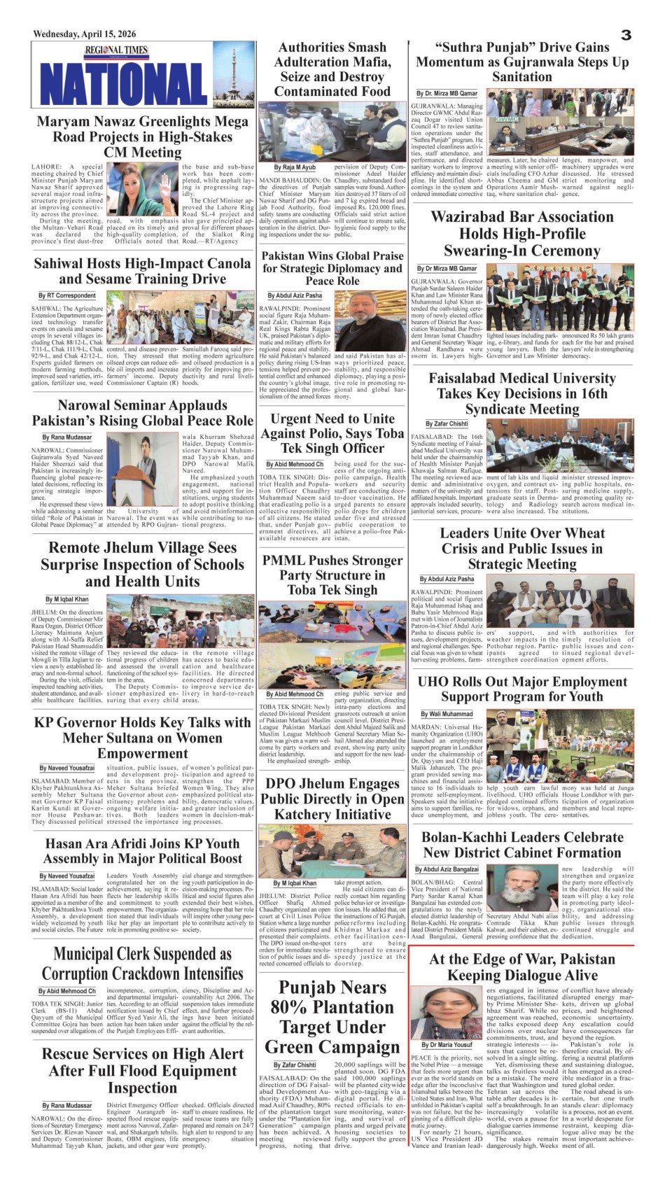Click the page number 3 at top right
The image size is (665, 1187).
[x=626, y=34]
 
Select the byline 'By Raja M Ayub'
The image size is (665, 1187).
[x=294, y=168]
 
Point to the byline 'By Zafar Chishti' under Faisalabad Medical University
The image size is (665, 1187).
[x=447, y=423]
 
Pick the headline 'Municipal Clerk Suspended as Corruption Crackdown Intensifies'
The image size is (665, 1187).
[x=142, y=964]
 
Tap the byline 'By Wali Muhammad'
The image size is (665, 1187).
[x=447, y=714]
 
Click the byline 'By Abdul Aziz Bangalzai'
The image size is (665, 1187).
[x=451, y=869]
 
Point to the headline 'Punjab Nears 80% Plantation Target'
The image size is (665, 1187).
[x=332, y=1017]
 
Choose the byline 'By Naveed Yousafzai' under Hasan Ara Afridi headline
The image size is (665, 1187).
[x=66, y=876]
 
